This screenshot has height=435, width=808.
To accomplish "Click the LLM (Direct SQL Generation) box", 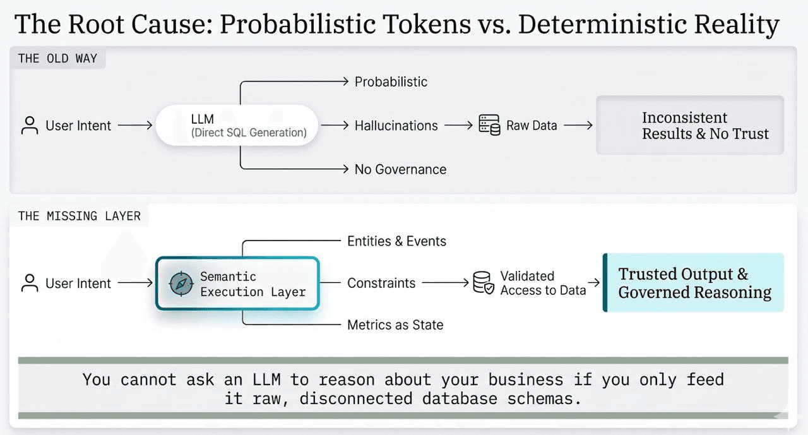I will [237, 125].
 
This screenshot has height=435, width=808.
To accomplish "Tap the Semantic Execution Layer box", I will [237, 283].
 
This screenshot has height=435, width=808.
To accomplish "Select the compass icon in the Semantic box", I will [181, 284].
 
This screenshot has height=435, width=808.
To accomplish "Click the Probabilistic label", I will [391, 81].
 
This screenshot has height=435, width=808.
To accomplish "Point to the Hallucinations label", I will [396, 126].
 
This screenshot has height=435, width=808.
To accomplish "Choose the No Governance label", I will [400, 169].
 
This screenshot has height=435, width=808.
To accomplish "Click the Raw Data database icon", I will [489, 125].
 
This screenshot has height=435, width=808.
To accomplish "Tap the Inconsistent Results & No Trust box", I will [690, 125].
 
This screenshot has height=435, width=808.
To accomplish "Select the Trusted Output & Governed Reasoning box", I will [694, 283].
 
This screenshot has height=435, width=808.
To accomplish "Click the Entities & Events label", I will [396, 241].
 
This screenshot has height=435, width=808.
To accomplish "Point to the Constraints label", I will [381, 283].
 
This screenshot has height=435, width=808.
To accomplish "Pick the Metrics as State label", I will [395, 325].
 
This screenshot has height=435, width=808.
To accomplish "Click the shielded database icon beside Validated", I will [483, 283].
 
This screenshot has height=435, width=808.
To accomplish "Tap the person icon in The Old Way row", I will [30, 125].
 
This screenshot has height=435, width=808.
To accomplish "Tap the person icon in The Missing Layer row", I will [30, 283].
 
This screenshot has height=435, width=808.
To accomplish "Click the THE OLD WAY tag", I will [57, 59].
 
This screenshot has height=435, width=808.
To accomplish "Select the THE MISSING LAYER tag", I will [79, 216].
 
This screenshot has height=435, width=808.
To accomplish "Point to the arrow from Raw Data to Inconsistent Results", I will [578, 126].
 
